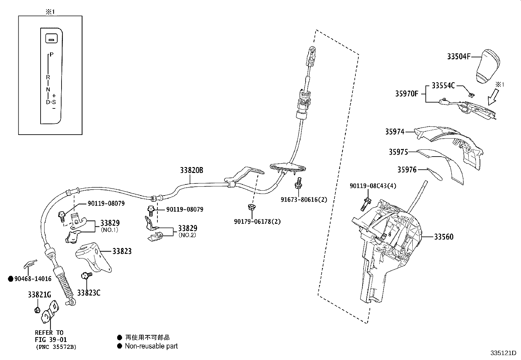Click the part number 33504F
(458, 57)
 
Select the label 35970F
(406, 94)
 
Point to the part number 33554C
(443, 85)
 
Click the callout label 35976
(407, 170)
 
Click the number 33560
(444, 237)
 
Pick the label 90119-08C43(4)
(373, 186)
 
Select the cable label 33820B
(191, 170)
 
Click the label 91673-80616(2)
(303, 199)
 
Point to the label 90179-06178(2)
(257, 221)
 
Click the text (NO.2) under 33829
(187, 235)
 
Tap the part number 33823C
(89, 293)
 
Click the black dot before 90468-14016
(10, 279)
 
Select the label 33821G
(39, 295)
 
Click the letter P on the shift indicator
(52, 55)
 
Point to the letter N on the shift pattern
(48, 89)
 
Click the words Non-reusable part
(151, 346)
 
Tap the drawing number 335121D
(503, 353)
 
